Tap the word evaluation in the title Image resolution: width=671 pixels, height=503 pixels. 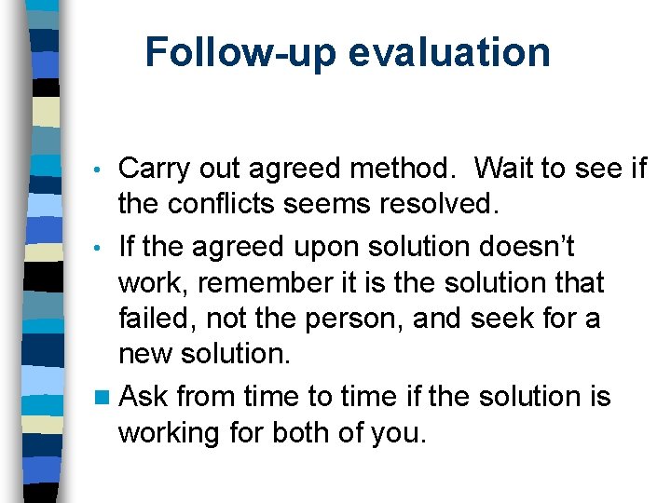point(449,53)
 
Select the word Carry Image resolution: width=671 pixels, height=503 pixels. point(155,169)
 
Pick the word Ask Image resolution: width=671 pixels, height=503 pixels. point(144,397)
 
